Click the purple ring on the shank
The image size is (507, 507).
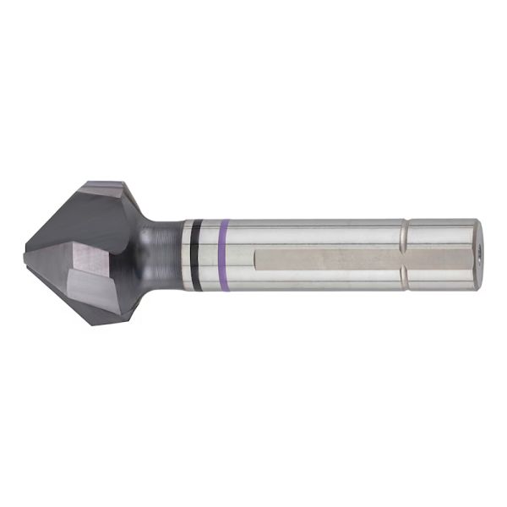click(x=224, y=254)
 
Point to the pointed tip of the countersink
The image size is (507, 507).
click(x=26, y=250)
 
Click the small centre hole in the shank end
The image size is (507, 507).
click(x=479, y=253)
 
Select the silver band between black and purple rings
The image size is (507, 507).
click(x=210, y=254)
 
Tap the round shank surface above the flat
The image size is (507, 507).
click(x=321, y=232)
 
